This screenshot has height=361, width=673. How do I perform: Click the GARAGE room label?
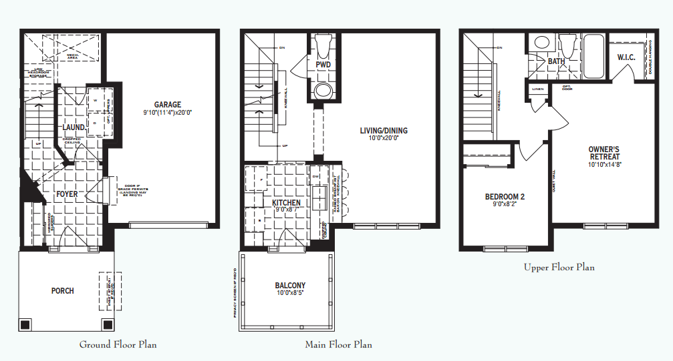point(168,105)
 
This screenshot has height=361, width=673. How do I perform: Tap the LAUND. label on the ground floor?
point(74,127)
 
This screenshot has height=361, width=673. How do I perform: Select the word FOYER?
point(67,194)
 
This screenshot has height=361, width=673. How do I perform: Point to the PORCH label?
point(62,291)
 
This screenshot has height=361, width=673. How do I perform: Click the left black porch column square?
point(25,325)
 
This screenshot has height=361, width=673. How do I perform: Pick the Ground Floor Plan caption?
point(118,344)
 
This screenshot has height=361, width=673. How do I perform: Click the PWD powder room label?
point(323,65)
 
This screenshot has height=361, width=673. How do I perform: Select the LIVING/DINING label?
point(383,131)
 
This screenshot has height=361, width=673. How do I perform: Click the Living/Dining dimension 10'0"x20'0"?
point(383,139)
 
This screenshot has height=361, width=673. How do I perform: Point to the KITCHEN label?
point(286,203)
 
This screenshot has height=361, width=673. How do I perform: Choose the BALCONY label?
point(290,286)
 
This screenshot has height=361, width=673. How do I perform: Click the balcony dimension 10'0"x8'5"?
point(290,294)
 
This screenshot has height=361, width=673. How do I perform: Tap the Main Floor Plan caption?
point(338,344)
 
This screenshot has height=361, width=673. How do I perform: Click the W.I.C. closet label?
point(626,57)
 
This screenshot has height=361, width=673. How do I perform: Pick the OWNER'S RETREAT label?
point(604,153)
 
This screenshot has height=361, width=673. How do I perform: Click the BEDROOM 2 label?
point(505,197)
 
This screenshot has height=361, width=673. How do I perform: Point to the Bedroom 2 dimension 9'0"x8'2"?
point(505,205)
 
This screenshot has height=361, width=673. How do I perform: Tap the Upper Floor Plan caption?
point(559,267)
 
